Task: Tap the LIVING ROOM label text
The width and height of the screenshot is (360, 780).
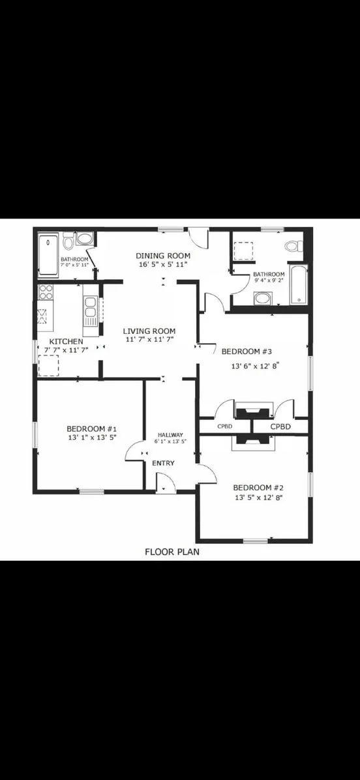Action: [x=149, y=331]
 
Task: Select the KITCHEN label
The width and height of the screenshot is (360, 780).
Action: [x=66, y=342]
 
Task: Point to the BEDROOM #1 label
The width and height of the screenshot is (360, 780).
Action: [x=91, y=428]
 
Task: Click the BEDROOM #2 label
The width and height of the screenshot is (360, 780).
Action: [x=258, y=488]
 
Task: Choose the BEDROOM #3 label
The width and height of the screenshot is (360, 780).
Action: [x=247, y=352]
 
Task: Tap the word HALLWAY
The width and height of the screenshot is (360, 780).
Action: [x=171, y=435]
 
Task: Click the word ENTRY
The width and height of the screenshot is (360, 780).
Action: [x=163, y=463]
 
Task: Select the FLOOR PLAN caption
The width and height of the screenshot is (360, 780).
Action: [x=172, y=551]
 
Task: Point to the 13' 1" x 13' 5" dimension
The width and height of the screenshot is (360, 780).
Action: [x=91, y=438]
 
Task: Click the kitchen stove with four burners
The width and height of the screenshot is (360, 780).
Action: [x=46, y=292]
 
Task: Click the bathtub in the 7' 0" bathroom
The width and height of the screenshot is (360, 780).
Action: [x=49, y=254]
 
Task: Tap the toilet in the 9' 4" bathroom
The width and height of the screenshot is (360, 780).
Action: [x=293, y=246]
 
